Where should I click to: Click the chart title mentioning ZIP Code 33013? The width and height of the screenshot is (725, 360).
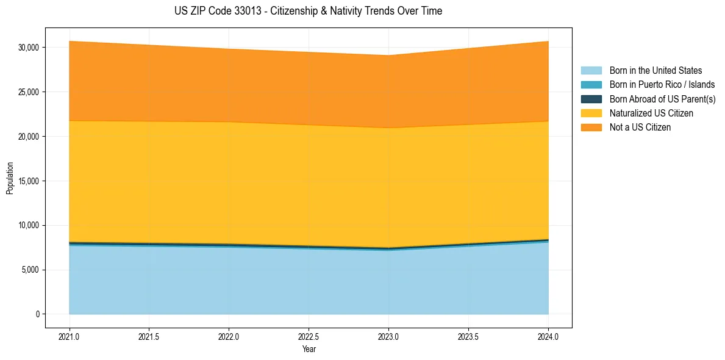[308, 11]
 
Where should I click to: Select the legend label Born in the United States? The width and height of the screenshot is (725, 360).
[655, 71]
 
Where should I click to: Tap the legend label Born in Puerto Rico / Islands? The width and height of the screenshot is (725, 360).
[662, 85]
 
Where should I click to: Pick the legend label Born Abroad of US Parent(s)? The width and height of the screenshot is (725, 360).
[662, 99]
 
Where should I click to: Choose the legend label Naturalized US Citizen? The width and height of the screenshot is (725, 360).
[651, 113]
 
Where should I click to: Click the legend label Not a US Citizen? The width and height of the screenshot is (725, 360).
[640, 128]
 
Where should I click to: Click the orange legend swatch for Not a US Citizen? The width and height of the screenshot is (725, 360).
[591, 128]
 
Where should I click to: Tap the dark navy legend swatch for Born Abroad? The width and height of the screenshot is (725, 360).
[591, 99]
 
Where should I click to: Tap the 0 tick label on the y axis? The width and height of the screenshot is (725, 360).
[37, 314]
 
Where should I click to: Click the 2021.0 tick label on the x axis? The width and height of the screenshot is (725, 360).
[69, 336]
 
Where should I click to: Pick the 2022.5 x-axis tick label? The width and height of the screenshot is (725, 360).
[309, 336]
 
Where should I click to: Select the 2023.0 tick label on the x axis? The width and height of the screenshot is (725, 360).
[388, 336]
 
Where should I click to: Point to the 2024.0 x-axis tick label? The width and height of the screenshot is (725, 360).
[548, 336]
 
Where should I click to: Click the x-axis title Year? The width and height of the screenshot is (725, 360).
[309, 349]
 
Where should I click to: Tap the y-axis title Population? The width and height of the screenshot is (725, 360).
[10, 178]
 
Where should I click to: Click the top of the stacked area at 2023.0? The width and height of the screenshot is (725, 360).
[388, 56]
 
